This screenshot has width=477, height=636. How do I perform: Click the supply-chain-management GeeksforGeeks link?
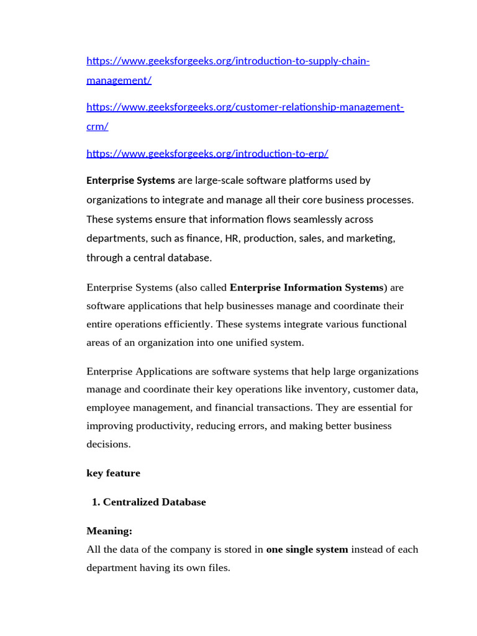click(x=227, y=61)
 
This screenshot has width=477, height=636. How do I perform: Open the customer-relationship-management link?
click(x=245, y=107)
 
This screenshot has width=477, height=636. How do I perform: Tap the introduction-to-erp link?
click(x=207, y=153)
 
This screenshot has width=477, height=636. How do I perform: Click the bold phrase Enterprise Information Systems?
click(x=307, y=288)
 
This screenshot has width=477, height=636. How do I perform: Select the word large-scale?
click(x=220, y=181)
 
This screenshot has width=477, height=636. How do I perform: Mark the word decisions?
click(x=109, y=444)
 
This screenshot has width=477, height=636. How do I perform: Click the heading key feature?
click(x=113, y=473)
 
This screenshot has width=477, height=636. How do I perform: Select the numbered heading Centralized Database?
click(x=154, y=502)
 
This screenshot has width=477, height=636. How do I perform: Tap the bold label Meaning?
click(x=109, y=531)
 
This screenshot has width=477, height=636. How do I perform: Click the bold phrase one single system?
click(x=307, y=550)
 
